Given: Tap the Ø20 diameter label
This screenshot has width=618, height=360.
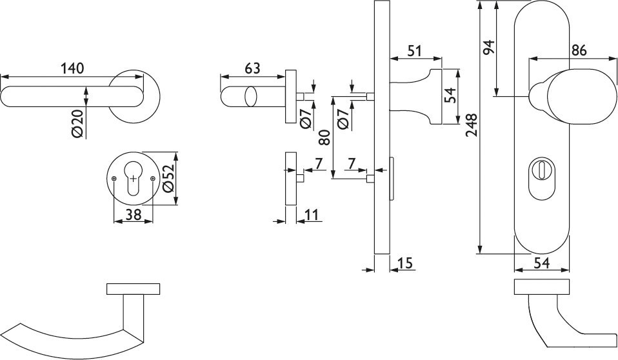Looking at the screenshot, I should click(x=77, y=123).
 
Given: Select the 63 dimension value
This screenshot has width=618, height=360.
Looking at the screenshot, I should click(x=252, y=68).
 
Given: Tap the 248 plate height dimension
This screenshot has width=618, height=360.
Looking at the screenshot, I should click(x=472, y=126).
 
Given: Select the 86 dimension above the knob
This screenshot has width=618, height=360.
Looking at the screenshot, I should click(x=579, y=51).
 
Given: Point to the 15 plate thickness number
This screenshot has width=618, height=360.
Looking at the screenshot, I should click(x=406, y=263).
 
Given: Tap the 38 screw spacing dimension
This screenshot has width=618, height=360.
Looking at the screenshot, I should click(x=134, y=215).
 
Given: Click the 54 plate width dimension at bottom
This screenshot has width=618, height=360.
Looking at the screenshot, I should click(x=541, y=263).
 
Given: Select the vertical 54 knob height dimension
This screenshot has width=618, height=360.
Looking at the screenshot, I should click(x=452, y=95).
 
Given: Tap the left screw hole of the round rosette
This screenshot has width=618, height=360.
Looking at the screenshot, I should click(x=114, y=178).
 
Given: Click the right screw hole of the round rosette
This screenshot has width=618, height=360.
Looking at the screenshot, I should click(x=152, y=178).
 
